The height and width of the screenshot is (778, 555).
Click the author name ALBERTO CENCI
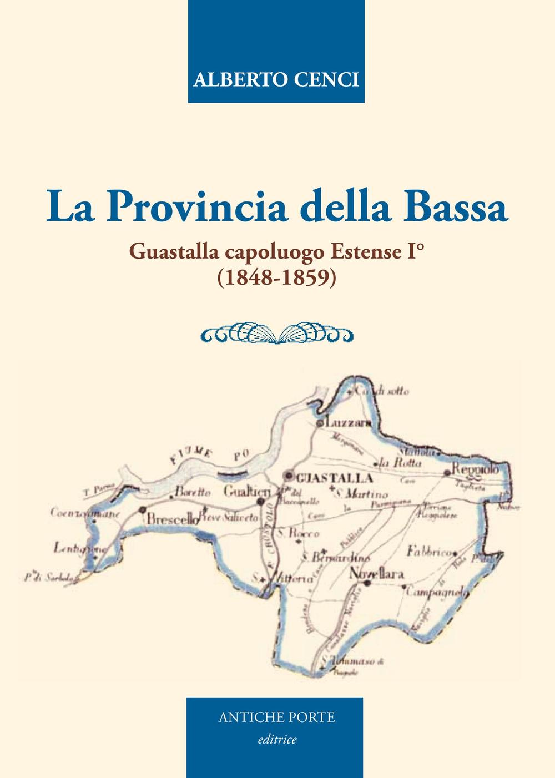coord(276,79)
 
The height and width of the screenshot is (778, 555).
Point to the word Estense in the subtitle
coord(362,252)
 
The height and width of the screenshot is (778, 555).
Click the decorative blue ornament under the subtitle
coord(276,333)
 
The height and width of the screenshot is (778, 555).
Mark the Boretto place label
coord(193,492)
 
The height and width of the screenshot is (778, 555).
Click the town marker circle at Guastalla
coord(288,476)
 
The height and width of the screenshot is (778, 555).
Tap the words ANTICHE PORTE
coord(276,717)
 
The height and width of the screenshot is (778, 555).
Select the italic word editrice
coord(276,739)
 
